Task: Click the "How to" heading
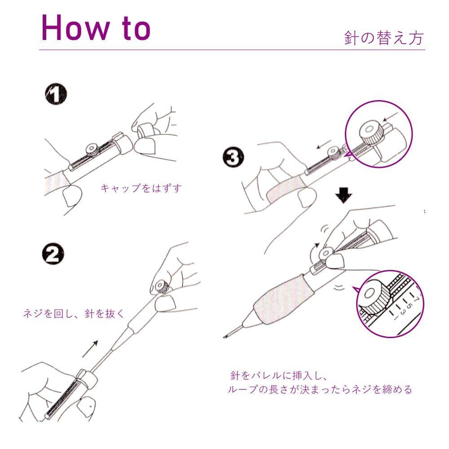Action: [x=96, y=27]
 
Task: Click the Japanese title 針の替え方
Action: [x=384, y=38]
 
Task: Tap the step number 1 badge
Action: [x=56, y=94]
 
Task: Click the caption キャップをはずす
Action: [x=141, y=188]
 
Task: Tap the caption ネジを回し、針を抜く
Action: [x=74, y=313]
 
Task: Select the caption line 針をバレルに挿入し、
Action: [x=279, y=375]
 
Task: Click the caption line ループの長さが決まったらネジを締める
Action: [x=320, y=389]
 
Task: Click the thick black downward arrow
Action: [x=343, y=195]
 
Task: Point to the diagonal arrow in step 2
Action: [x=90, y=349]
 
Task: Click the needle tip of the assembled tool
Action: [x=225, y=336]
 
